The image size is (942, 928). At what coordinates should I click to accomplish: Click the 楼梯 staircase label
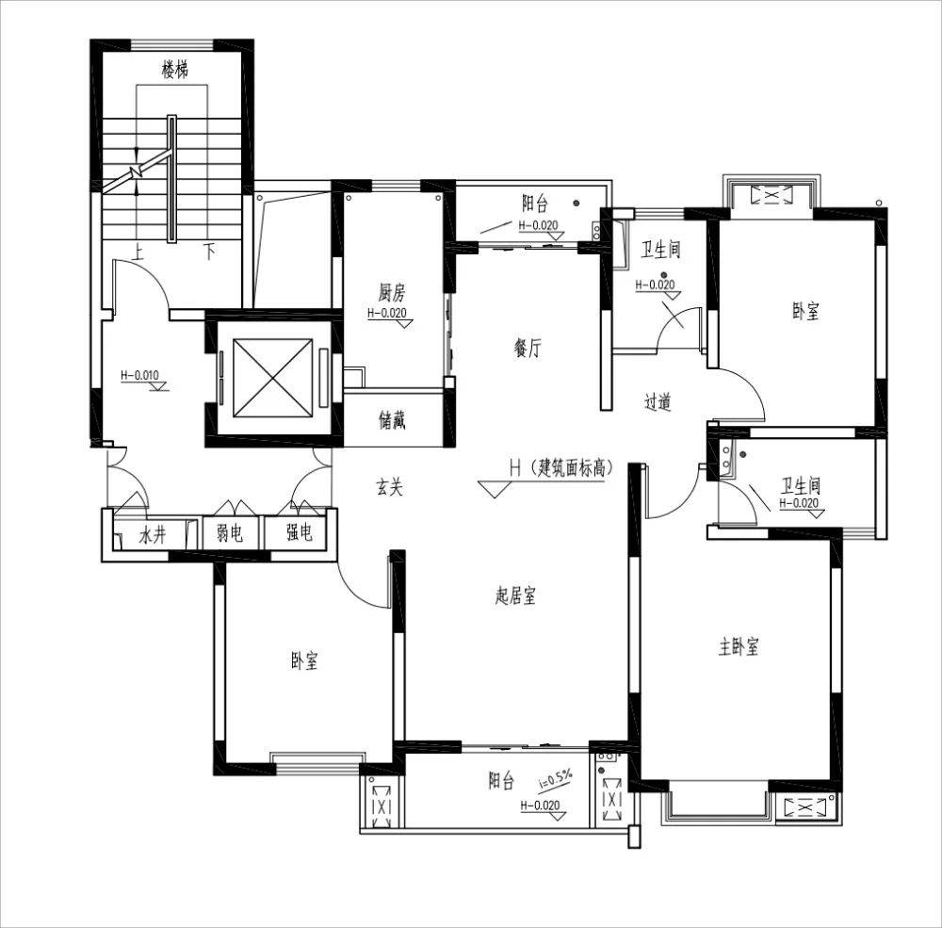coord(175,70)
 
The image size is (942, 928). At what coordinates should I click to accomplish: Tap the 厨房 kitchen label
coord(392,293)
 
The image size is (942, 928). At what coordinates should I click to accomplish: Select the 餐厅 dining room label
coord(528,348)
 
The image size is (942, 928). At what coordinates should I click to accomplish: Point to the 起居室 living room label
coord(515,595)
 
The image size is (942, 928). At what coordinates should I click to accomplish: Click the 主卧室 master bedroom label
coord(739,646)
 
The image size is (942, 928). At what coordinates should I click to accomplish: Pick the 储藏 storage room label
coord(392,420)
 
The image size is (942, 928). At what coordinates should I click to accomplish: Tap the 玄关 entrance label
coord(389,487)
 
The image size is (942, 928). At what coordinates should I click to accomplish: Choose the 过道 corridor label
coord(658,401)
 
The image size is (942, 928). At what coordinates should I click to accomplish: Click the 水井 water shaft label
coord(152,534)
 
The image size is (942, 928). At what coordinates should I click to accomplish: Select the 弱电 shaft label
coord(230,532)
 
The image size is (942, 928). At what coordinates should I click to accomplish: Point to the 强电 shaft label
coord(299,532)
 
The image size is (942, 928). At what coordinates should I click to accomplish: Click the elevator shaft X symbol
coord(273,378)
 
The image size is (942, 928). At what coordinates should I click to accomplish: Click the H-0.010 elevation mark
coord(140,376)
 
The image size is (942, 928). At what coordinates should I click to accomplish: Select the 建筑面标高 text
coord(572,467)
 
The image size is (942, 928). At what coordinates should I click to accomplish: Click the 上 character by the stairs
coord(138,251)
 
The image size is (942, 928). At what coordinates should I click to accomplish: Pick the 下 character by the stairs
coord(208,251)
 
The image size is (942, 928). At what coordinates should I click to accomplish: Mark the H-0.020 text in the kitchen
coord(387,313)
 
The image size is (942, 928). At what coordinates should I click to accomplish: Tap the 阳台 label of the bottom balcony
coord(501,781)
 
